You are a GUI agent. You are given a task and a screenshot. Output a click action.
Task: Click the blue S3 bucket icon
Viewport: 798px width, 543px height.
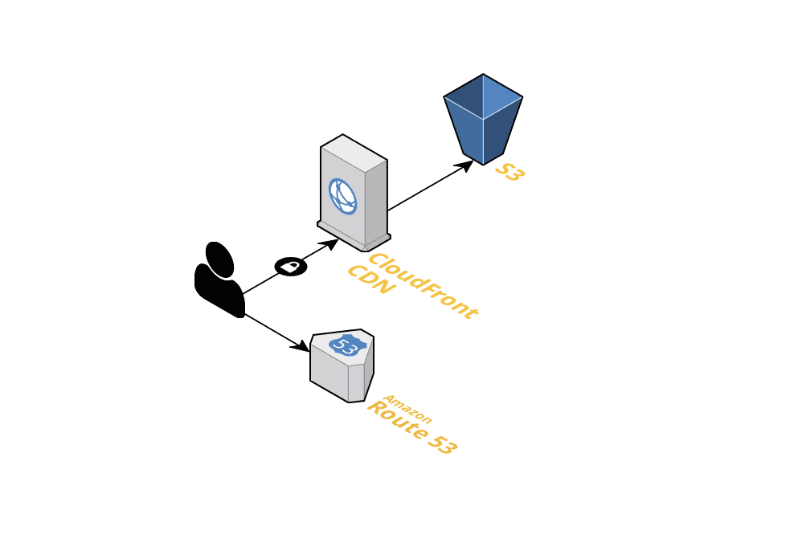pos(483,120)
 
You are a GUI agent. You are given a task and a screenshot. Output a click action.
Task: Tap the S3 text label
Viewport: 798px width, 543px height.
pos(509,172)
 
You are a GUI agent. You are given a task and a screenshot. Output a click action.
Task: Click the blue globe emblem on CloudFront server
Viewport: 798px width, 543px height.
pos(342,196)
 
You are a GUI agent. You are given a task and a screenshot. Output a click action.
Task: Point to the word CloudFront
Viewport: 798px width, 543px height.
pos(423,287)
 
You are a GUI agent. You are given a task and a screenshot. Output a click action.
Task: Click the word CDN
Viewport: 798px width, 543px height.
pos(371,279)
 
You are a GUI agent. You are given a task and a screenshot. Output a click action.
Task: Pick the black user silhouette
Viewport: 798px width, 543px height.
pos(219,281)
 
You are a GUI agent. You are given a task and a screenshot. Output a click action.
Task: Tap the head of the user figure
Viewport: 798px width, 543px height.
pos(219,258)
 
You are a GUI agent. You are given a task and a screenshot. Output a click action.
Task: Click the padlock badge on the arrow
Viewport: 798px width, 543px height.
pos(291,266)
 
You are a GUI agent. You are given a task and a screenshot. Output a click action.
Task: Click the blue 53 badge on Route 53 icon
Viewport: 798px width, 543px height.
pos(347,345)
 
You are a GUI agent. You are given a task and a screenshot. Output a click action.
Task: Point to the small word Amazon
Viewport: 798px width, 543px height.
pos(407,409)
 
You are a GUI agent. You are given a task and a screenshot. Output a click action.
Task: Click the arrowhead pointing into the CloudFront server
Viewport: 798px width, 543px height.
pos(330,244)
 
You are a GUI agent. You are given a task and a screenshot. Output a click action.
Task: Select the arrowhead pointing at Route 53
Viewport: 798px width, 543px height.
pos(302,346)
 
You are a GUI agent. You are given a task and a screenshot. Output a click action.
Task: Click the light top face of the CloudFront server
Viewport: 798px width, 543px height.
pos(354,153)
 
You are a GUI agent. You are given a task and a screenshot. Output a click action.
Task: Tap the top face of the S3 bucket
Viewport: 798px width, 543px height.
pos(483,96)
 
